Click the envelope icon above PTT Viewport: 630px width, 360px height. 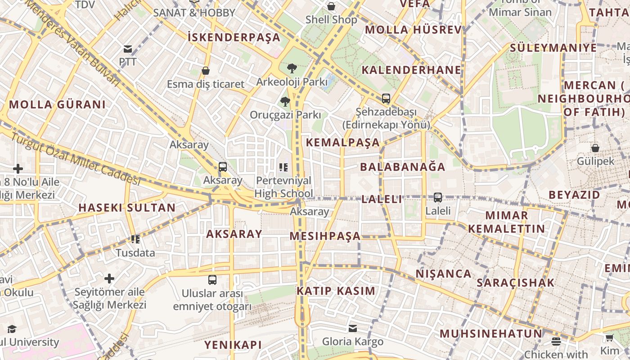128,49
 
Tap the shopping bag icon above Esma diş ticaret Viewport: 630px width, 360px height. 206,71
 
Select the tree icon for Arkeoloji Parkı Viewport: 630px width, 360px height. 292,68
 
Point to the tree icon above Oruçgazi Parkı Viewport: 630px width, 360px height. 285,101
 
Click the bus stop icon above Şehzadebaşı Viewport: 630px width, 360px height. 386,98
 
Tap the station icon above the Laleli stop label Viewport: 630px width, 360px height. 438,197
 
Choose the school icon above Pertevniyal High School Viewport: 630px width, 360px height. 283,167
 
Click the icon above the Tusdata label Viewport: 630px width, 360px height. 135,239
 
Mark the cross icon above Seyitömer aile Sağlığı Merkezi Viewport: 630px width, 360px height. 109,278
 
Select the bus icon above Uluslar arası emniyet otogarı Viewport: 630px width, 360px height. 212,279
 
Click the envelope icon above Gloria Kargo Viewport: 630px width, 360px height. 353,328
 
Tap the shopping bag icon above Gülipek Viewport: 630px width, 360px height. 595,148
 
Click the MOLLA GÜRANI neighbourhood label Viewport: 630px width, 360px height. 57,104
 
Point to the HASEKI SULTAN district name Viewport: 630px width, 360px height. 127,207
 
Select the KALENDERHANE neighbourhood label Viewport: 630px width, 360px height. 411,70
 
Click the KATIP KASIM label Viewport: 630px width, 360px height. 336,291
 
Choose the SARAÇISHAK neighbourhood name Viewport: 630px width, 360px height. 515,283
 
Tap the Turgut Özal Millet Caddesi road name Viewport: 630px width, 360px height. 76,159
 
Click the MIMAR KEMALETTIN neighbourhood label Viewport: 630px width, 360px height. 507,222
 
